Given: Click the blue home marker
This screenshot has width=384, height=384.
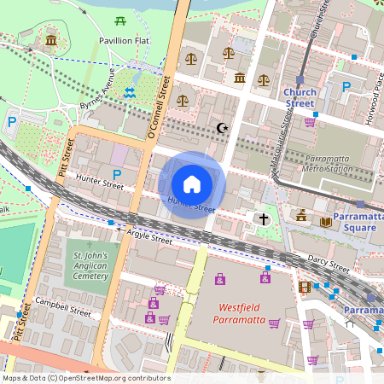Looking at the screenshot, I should (x=192, y=184).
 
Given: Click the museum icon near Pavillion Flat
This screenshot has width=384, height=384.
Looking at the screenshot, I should (x=51, y=40).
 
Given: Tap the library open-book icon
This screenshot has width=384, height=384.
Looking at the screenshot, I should (x=326, y=222).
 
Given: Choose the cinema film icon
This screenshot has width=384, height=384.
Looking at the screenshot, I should (x=305, y=287).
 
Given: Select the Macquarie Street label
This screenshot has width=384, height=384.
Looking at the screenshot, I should (x=282, y=140).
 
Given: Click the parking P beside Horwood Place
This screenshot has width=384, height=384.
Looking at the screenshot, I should (x=346, y=87).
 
